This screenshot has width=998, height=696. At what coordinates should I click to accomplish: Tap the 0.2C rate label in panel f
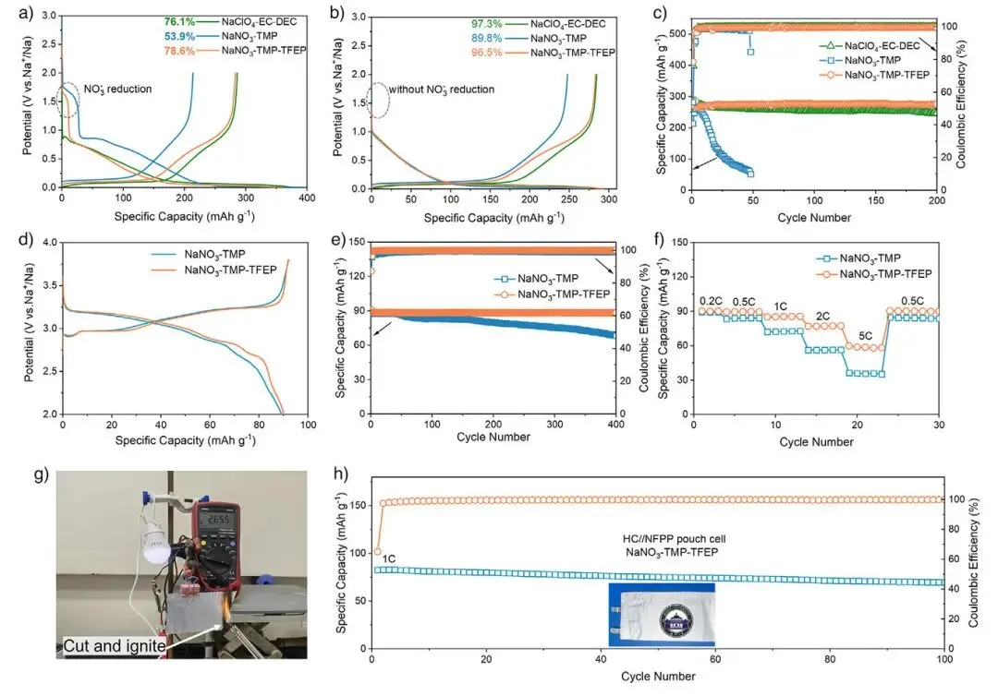pyautogui.click(x=712, y=300)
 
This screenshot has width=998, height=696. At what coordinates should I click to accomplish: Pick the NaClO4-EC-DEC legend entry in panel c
pyautogui.click(x=878, y=43)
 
